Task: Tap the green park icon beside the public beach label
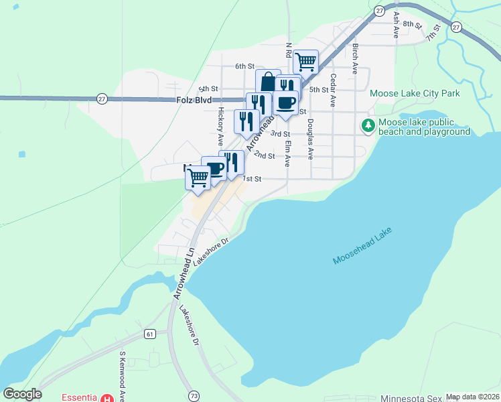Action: coord(368,125)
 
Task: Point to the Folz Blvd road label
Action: coord(194,100)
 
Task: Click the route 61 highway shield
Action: coord(149,333)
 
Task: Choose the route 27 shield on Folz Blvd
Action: coord(102,98)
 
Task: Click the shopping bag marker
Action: coord(268,82)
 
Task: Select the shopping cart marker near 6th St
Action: coord(305,62)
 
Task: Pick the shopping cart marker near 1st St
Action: coord(198,178)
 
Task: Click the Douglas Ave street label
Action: coord(310,139)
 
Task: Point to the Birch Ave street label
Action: coord(356,59)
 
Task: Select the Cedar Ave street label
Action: coord(332,90)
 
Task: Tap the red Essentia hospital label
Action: coord(80,397)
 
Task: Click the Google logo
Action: coord(22,394)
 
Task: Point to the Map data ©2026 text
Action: coord(472,397)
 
